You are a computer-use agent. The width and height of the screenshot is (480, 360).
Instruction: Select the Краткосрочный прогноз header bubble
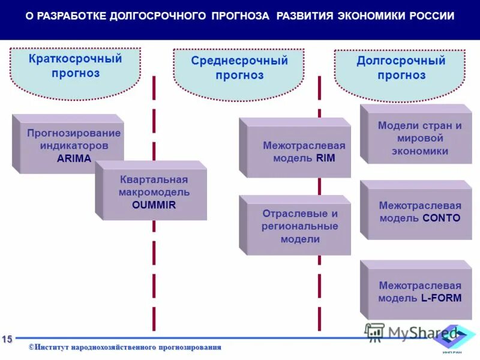click(x=76, y=67)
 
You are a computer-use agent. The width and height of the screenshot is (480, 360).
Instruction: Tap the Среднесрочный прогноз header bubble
click(x=239, y=68)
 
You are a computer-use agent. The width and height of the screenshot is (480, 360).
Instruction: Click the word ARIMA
click(x=74, y=158)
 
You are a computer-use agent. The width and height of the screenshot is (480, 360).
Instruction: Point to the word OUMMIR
click(x=154, y=205)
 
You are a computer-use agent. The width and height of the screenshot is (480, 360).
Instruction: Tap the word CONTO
click(x=441, y=218)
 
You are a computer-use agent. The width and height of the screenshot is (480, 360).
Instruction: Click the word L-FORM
click(x=441, y=298)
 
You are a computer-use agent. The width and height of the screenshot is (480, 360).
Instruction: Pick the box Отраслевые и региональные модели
click(x=299, y=226)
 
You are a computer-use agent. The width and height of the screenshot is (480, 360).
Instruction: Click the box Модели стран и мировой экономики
click(x=420, y=139)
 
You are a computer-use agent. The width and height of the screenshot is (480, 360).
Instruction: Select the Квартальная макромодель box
click(x=154, y=192)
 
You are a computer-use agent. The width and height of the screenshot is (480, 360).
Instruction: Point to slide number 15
click(x=7, y=340)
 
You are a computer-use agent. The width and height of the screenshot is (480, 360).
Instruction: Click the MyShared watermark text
click(x=420, y=333)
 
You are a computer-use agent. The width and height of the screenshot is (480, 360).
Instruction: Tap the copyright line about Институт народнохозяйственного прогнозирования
click(x=125, y=347)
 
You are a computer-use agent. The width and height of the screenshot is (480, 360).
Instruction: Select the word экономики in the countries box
click(x=420, y=151)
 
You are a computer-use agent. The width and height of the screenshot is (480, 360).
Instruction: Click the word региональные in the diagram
click(x=299, y=226)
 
